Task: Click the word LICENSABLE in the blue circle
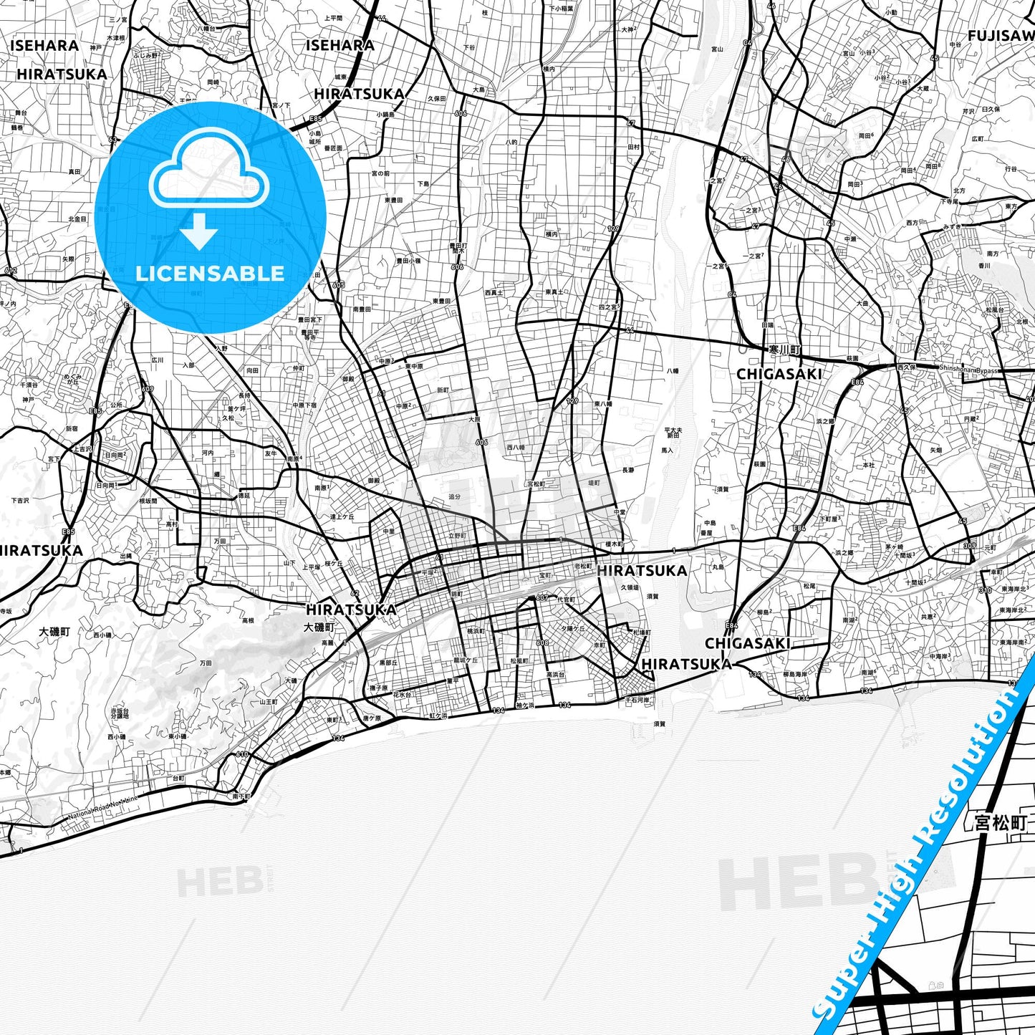click(x=210, y=273)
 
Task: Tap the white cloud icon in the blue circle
click(x=208, y=172)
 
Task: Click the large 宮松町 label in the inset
click(x=1001, y=822)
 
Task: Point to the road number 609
click(x=147, y=389)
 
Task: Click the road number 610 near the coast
click(x=242, y=754)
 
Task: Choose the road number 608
click(x=542, y=642)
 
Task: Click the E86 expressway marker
click(x=857, y=383)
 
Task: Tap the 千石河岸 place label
click(x=637, y=700)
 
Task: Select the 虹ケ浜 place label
click(x=438, y=715)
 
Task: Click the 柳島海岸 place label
click(x=796, y=674)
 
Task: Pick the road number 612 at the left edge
click(x=10, y=270)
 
